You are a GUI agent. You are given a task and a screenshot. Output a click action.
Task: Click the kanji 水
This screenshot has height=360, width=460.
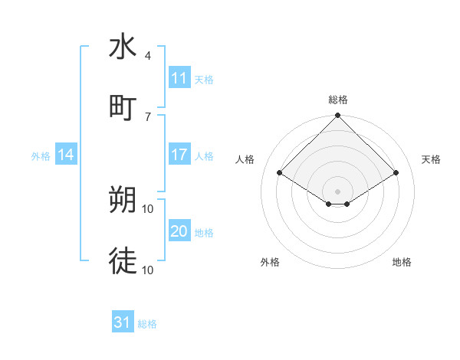tap(123, 47)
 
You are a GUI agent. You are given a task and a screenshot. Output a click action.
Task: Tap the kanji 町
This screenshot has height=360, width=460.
tap(123, 106)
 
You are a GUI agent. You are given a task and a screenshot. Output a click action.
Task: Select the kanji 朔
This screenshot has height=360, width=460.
tap(123, 200)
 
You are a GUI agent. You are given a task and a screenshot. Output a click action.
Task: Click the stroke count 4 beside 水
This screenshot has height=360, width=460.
tap(147, 57)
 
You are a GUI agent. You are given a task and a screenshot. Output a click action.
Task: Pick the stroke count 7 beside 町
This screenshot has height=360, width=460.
tap(147, 116)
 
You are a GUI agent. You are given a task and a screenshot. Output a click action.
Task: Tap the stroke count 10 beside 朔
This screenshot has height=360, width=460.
tap(148, 208)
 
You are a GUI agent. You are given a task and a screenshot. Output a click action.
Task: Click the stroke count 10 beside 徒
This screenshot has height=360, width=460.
tap(148, 270)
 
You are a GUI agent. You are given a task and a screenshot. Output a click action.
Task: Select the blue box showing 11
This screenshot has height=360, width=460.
tap(179, 79)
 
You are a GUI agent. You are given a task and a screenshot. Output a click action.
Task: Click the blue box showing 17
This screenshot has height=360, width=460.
tap(179, 155)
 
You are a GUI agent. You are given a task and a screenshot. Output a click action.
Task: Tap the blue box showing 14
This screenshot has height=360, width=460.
tap(67, 155)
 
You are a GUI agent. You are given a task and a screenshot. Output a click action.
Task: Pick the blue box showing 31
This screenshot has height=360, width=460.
tap(123, 323)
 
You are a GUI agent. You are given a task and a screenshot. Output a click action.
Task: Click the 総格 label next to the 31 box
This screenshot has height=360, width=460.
tap(147, 324)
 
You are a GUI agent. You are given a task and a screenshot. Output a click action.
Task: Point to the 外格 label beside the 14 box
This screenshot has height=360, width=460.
tap(41, 156)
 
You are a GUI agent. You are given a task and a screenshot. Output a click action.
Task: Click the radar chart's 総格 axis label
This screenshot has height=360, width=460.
tap(337, 100)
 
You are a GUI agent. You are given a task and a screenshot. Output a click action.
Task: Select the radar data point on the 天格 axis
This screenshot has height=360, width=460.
tap(396, 172)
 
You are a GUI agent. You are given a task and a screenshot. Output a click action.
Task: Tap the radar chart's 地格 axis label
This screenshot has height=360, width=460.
tap(402, 262)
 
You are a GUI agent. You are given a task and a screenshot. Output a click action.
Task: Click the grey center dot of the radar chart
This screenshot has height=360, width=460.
tap(337, 191)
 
